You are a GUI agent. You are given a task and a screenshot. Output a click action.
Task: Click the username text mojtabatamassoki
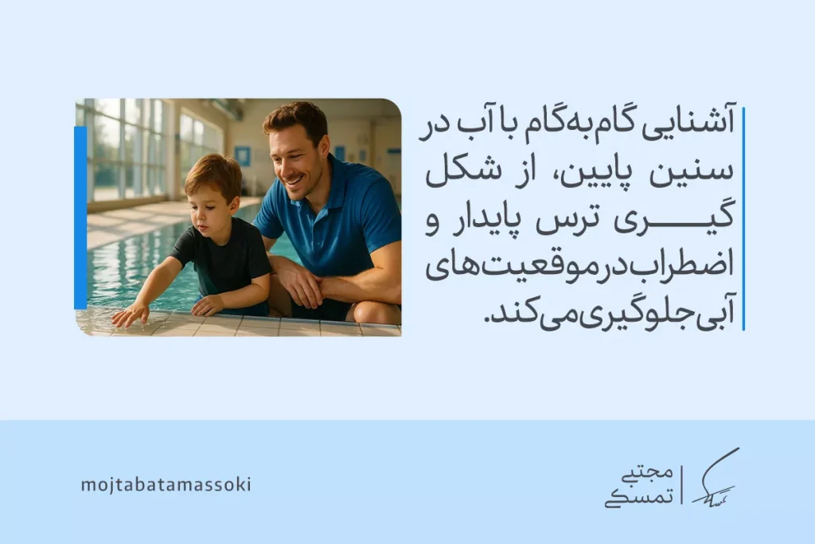(x=166, y=484)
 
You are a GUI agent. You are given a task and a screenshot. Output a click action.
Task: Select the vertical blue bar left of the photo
(x=80, y=217)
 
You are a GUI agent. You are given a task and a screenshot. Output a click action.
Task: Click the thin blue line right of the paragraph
(x=743, y=220)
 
